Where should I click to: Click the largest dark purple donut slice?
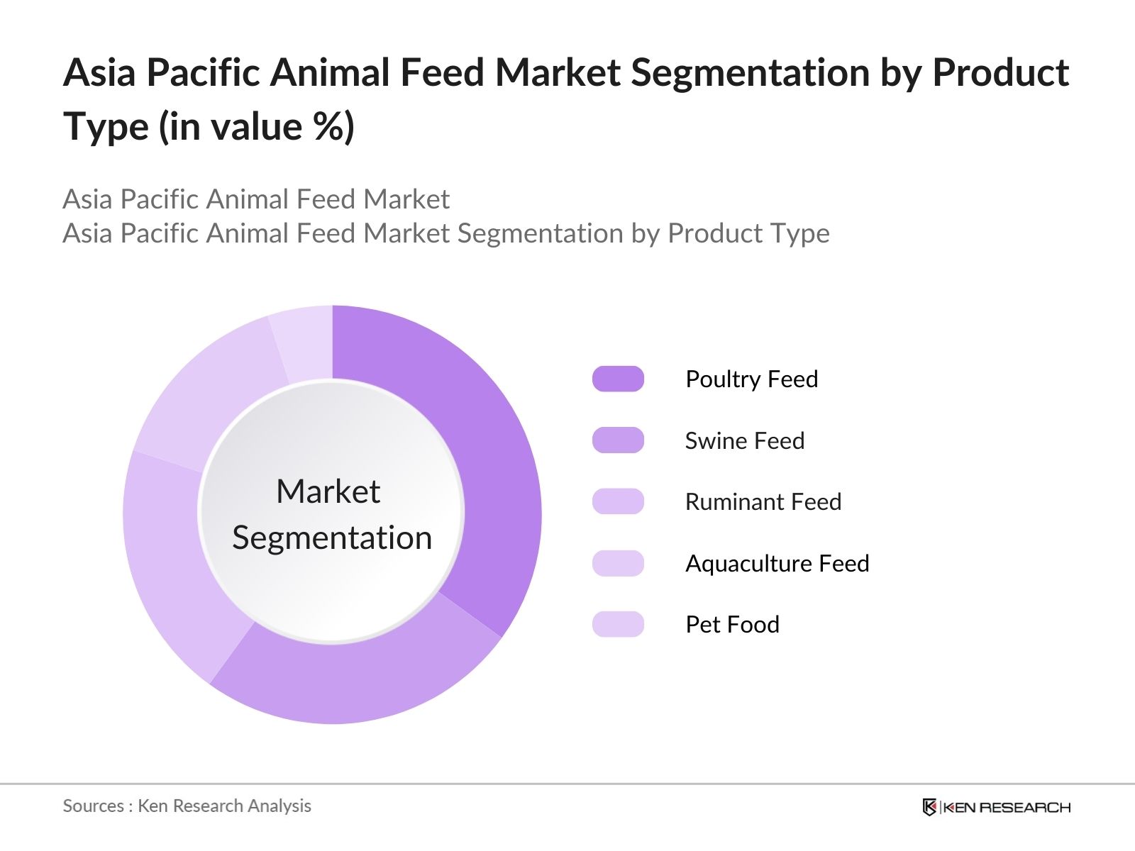[489, 454]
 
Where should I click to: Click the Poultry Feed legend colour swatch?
[618, 379]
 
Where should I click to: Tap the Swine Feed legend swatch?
[618, 440]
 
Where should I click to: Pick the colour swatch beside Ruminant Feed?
[618, 501]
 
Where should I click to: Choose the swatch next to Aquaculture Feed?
[618, 563]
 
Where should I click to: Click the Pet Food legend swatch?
[618, 624]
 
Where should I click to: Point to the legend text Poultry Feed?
[751, 379]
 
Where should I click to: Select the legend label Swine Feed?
[744, 441]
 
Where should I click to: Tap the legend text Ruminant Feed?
[763, 502]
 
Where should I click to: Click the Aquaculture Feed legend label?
[777, 564]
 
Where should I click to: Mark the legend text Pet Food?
[732, 625]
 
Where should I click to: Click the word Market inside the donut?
[328, 491]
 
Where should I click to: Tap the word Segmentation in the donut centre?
[332, 538]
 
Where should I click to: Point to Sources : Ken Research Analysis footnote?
[187, 806]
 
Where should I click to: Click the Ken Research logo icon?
[929, 807]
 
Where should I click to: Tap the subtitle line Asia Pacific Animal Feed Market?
[255, 199]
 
